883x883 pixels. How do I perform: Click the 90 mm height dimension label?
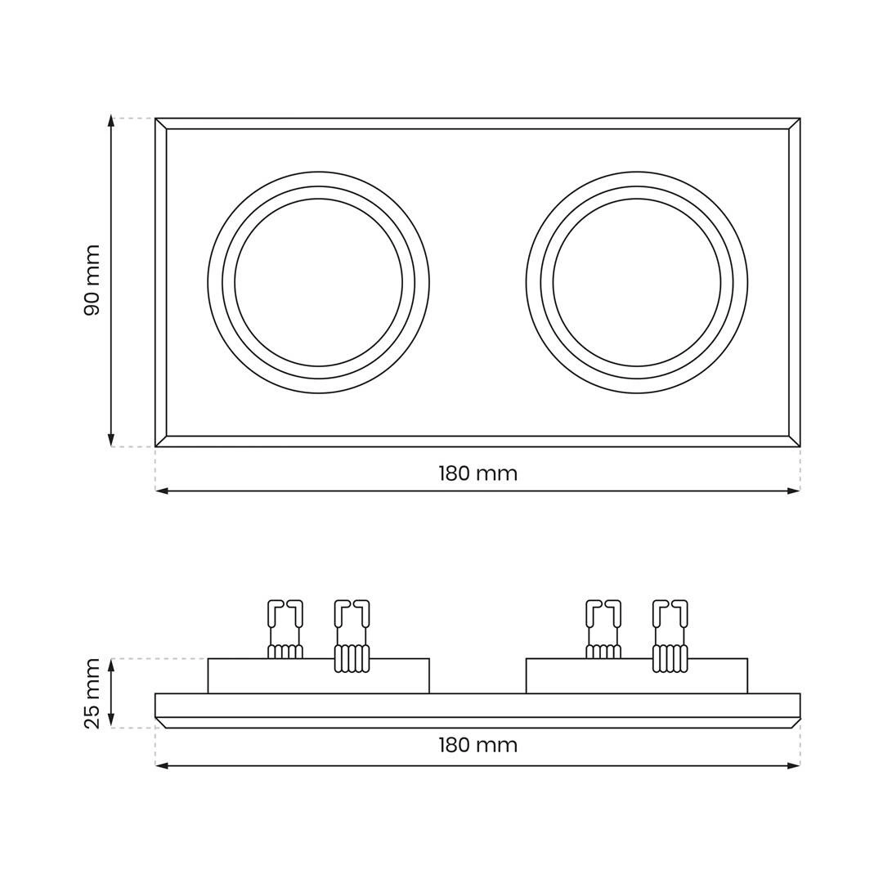pyautogui.click(x=92, y=280)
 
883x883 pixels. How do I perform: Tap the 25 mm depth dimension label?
pyautogui.click(x=92, y=693)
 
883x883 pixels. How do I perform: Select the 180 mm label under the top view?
pyautogui.click(x=477, y=473)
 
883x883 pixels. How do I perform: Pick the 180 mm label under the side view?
pyautogui.click(x=477, y=745)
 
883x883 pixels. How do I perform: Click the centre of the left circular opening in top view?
pyautogui.click(x=319, y=282)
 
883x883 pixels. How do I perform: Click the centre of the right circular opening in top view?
pyautogui.click(x=637, y=282)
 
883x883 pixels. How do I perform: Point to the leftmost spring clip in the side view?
pyautogui.click(x=285, y=629)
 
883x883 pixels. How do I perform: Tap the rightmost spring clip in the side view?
pyautogui.click(x=670, y=636)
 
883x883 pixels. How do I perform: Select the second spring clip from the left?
pyautogui.click(x=352, y=636)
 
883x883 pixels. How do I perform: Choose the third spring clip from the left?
pyautogui.click(x=603, y=629)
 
